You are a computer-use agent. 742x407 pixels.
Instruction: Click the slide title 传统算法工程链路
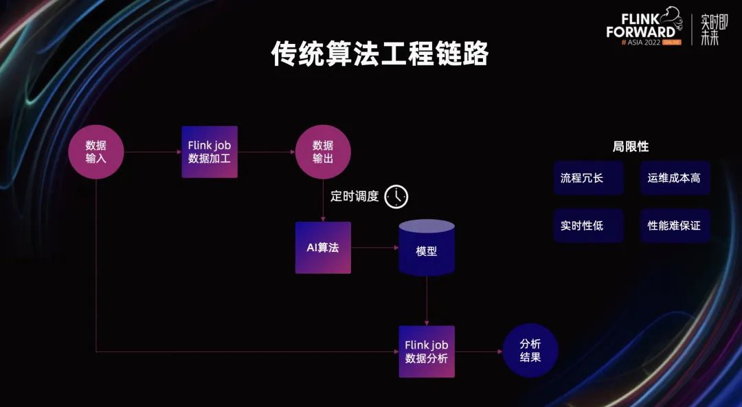coord(379,54)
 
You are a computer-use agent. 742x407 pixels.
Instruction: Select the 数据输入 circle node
coord(95,152)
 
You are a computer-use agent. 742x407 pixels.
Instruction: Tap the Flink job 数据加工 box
coord(210,152)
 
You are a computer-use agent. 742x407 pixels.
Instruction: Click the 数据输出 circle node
coord(323,152)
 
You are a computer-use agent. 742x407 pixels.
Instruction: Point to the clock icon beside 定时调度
coord(396,196)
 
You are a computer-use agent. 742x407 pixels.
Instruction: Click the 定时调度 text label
coord(355,196)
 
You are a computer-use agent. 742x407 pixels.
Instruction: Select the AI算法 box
coord(323,247)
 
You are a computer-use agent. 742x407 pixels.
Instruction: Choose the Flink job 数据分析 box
coord(427,351)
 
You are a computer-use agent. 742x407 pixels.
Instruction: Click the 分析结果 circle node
coord(530,350)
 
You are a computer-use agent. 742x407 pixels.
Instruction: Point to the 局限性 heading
coord(630,146)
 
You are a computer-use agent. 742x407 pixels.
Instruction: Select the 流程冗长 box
coord(588,178)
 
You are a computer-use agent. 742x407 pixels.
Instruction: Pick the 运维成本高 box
coord(675,178)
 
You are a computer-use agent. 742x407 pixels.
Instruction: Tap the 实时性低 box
coord(588,226)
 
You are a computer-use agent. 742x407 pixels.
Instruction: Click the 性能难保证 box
coord(675,226)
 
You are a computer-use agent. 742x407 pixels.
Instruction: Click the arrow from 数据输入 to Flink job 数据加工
coord(153,152)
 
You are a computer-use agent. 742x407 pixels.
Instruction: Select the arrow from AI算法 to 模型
coord(374,247)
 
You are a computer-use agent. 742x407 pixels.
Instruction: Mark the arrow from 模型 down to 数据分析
coord(427,301)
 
